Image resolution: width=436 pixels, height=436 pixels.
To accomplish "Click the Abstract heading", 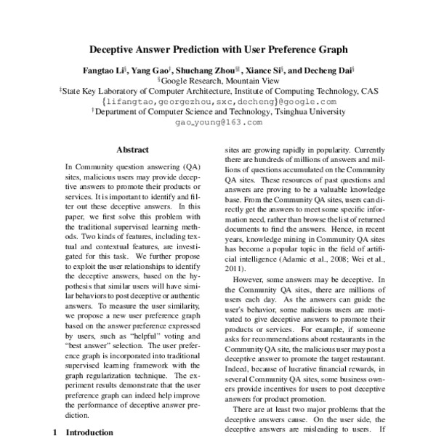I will coord(133,150).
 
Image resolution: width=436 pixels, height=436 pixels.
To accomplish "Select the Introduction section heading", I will coord(90,432).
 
